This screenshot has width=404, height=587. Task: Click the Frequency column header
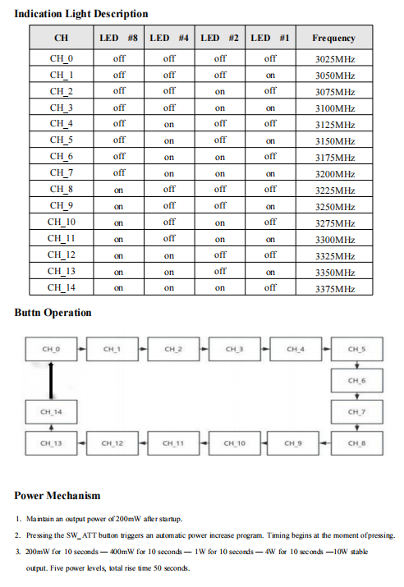[334, 38]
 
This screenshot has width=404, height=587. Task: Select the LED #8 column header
[119, 38]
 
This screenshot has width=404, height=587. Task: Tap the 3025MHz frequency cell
[334, 59]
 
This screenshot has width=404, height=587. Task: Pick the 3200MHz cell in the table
[334, 174]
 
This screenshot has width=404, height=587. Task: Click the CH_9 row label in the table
[62, 206]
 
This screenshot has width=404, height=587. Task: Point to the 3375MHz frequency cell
[334, 288]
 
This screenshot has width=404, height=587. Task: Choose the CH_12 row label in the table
[62, 255]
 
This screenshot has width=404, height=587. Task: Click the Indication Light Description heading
[81, 13]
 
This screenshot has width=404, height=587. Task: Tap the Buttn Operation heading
[53, 313]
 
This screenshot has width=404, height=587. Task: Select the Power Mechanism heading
[57, 495]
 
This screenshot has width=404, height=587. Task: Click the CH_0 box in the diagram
[51, 350]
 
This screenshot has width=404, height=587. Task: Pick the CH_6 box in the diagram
[356, 381]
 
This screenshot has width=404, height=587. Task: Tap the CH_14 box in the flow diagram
[51, 411]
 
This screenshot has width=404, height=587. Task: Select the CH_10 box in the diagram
[234, 443]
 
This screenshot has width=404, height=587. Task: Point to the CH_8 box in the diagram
[356, 443]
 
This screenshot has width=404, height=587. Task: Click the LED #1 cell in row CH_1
[270, 75]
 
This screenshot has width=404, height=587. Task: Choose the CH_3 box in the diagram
[234, 350]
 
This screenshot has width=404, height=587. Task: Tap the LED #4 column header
[169, 38]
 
